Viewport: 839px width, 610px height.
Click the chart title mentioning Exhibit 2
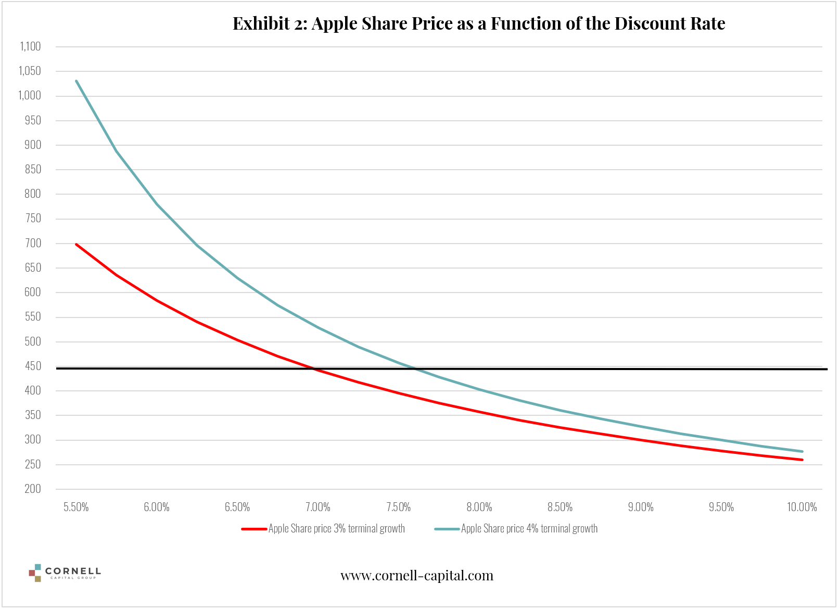478,23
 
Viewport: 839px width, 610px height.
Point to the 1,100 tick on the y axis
30,46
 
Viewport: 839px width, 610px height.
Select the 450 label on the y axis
33,366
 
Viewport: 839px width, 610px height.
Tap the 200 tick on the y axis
33,489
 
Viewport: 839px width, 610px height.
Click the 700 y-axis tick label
33,243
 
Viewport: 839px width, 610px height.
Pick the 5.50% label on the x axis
76,507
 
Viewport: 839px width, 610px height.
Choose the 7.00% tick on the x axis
318,507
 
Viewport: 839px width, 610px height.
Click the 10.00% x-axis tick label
802,507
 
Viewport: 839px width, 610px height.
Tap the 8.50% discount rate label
560,507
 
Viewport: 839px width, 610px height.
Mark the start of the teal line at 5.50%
77,81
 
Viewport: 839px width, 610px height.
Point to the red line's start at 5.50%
77,244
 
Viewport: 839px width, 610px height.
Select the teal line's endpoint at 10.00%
802,451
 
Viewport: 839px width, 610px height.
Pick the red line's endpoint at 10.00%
802,460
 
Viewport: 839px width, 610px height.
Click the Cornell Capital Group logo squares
35,573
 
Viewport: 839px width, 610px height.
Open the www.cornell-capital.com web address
417,576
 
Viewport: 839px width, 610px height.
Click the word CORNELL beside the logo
73,571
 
